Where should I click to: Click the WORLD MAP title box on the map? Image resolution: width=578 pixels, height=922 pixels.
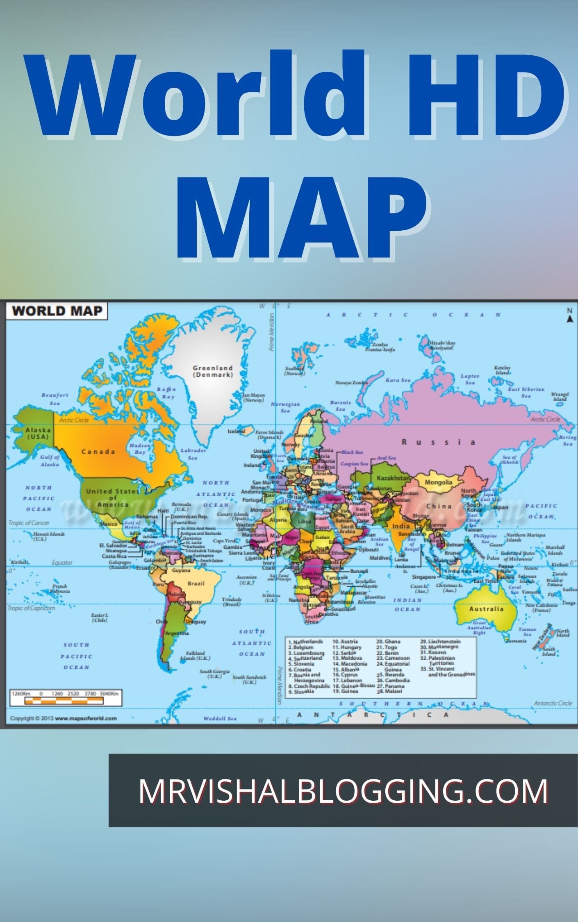[57, 311]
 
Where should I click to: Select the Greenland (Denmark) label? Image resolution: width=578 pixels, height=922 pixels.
[213, 371]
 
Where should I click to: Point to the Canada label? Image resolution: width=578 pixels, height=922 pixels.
[98, 452]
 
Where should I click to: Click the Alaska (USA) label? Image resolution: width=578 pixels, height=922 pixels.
[38, 433]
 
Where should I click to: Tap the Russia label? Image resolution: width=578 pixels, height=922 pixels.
[438, 442]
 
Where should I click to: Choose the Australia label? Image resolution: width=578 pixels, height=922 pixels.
[486, 609]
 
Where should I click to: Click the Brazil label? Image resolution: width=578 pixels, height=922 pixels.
[196, 583]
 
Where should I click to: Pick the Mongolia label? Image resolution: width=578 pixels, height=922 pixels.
[438, 482]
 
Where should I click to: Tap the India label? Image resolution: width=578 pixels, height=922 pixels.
[401, 526]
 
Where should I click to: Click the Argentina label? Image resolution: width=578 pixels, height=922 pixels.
[177, 633]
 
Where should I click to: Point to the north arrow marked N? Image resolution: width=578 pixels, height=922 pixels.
[569, 316]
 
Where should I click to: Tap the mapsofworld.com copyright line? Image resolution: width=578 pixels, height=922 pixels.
[64, 718]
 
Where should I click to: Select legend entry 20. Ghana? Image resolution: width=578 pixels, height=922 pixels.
[388, 642]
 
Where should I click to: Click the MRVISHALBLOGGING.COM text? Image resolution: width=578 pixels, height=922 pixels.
[343, 790]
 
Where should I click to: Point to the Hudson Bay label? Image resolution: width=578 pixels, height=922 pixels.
[140, 449]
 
